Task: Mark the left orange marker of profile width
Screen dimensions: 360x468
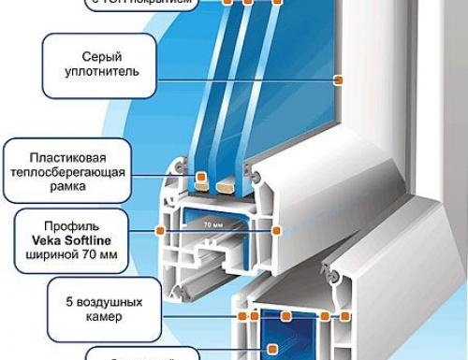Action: pyautogui.click(x=162, y=229)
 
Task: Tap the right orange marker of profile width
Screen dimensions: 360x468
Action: pyautogui.click(x=275, y=229)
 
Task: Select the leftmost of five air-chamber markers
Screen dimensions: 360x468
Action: pyautogui.click(x=242, y=317)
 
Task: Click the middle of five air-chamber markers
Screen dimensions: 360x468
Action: pyautogui.click(x=292, y=317)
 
